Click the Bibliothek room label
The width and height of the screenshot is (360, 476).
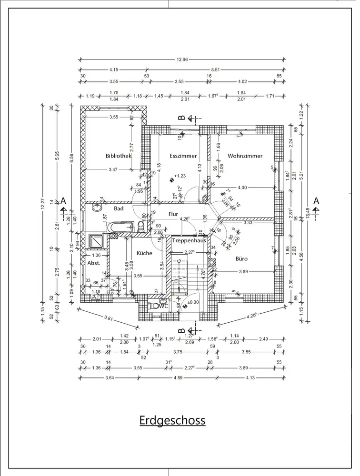(119, 156)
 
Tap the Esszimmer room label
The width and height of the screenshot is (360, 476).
(183, 156)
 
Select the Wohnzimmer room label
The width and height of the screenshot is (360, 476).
(245, 156)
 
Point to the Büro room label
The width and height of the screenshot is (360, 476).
(241, 259)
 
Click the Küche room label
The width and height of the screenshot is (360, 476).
(144, 253)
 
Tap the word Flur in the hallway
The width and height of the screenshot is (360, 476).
(172, 215)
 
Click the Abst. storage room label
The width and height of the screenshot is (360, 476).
(93, 262)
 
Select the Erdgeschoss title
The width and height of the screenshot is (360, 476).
(172, 421)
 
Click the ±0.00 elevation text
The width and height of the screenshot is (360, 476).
(193, 302)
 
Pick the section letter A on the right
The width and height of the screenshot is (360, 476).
(316, 201)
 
